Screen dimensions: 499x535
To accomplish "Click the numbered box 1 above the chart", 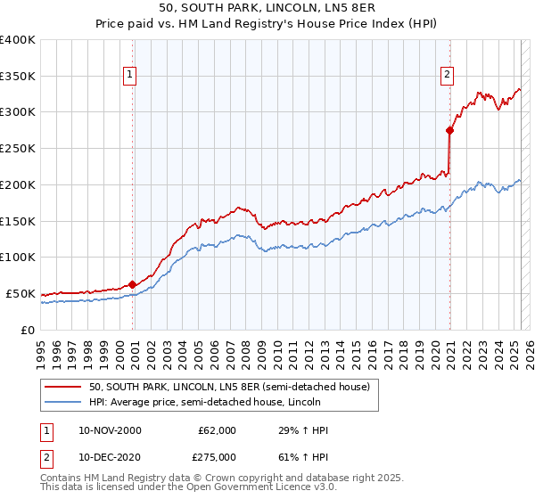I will point(130,76).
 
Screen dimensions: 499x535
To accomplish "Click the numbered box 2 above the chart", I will point(446,76).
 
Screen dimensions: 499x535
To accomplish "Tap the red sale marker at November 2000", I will point(133,284).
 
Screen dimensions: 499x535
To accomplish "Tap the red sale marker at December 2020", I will point(450,130).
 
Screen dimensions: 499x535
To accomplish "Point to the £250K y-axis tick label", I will point(18,148).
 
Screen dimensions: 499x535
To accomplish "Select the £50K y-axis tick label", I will point(21,293).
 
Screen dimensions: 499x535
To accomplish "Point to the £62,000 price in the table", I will point(218,430).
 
